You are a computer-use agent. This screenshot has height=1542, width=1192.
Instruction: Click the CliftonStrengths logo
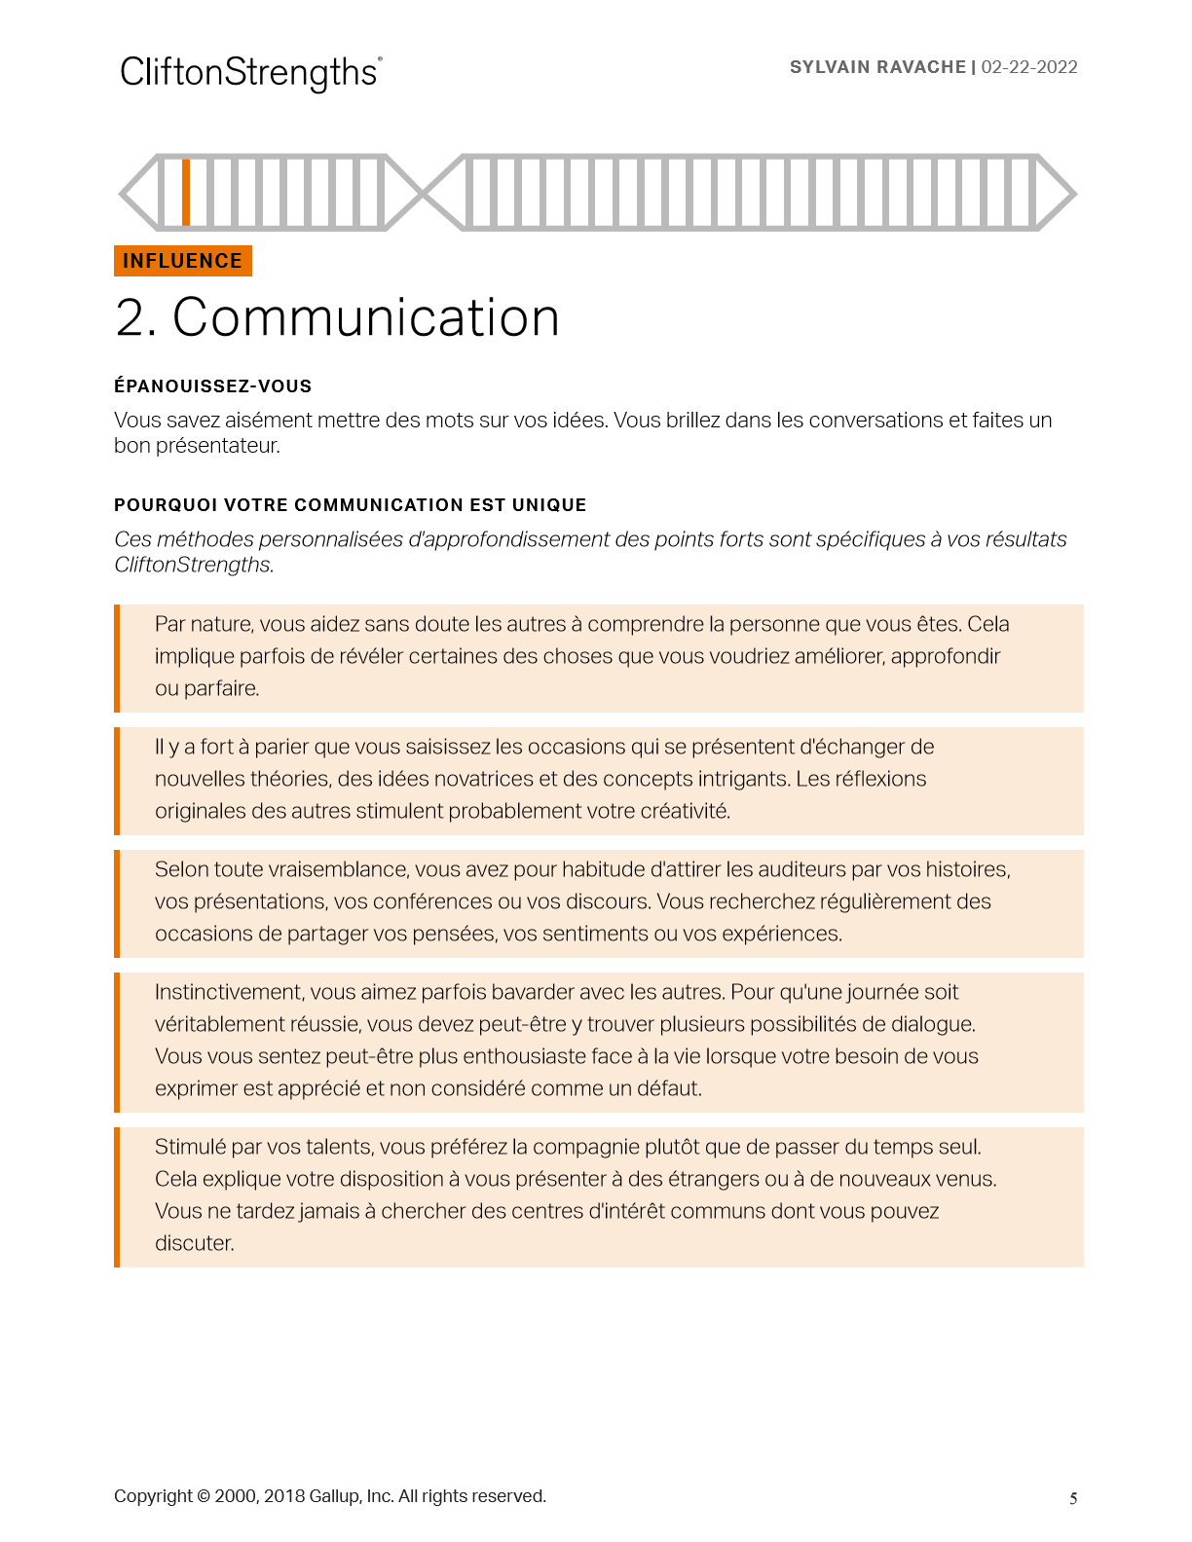(x=250, y=73)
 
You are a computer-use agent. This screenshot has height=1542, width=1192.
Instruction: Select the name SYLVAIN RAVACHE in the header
(x=877, y=67)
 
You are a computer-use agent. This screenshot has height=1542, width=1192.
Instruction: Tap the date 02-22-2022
(x=1029, y=67)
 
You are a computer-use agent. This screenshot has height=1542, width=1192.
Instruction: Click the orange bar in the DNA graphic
(x=186, y=192)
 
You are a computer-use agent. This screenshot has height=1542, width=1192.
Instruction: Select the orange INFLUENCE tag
(x=183, y=261)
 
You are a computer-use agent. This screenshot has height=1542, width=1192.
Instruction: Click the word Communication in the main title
(x=366, y=317)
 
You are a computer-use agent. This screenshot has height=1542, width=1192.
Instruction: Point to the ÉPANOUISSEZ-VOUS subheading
(x=212, y=386)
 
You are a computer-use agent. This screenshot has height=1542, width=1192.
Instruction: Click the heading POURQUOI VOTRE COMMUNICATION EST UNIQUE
(x=350, y=505)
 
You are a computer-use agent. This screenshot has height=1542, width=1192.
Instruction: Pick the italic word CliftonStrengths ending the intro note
(x=193, y=565)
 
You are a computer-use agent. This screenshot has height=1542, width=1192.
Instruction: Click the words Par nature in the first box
(x=202, y=624)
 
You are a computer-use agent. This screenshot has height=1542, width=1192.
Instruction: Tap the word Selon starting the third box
(x=181, y=869)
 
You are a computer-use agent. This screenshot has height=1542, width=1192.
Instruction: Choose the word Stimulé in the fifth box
(x=190, y=1147)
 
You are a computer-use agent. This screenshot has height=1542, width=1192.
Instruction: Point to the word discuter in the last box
(x=194, y=1243)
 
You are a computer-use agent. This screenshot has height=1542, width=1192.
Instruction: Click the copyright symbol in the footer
(x=204, y=1496)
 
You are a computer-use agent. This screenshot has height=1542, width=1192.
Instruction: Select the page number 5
(x=1073, y=1498)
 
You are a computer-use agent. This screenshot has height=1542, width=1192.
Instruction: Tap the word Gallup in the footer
(x=334, y=1496)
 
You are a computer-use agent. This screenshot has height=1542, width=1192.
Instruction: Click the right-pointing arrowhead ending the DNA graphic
(x=1058, y=192)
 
